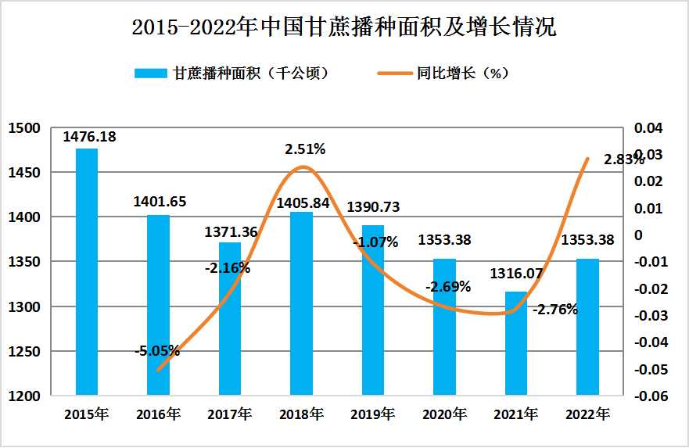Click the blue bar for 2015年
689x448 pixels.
[x=87, y=271]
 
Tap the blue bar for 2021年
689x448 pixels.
[x=516, y=343]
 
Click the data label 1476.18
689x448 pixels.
[x=89, y=137]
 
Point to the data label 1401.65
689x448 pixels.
[x=160, y=202]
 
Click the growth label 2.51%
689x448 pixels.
[x=305, y=149]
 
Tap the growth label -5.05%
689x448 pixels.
[x=156, y=350]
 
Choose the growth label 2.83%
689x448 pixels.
[x=624, y=159]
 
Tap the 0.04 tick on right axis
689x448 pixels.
[x=650, y=128]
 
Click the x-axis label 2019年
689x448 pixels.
[x=372, y=414]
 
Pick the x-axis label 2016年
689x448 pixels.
[x=158, y=414]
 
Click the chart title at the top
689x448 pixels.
[x=344, y=28]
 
